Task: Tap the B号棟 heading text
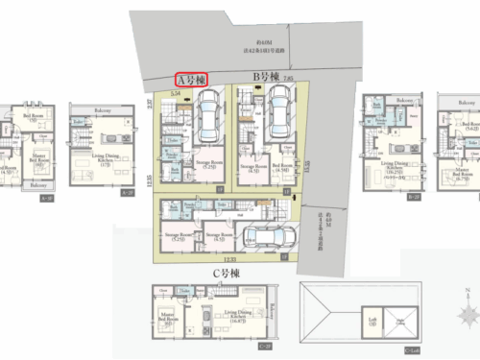pos(265,76)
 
